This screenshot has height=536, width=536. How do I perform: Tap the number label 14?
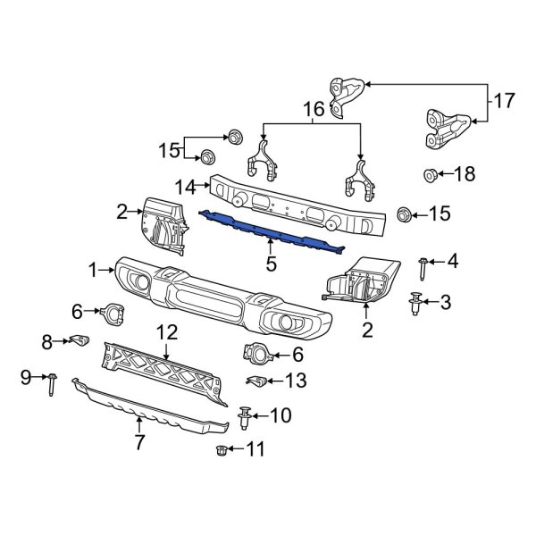tap(184, 188)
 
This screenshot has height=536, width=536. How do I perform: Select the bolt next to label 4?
tap(422, 264)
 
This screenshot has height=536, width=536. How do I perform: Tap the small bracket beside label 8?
tap(80, 339)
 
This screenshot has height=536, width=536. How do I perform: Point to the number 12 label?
tap(166, 333)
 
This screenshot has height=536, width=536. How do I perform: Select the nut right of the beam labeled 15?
tap(403, 214)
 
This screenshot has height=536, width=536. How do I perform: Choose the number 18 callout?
tap(465, 173)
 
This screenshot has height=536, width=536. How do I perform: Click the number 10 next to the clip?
tap(280, 415)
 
